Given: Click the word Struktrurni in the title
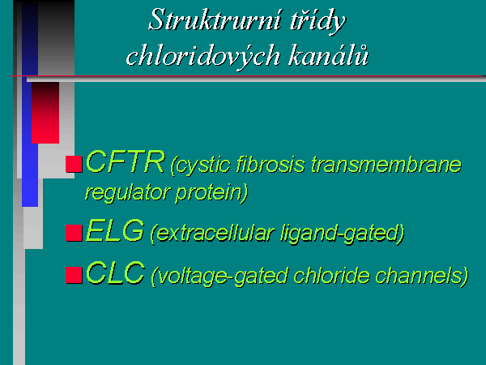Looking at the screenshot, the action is [x=215, y=19].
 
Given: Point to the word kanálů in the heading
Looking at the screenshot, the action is [x=328, y=55].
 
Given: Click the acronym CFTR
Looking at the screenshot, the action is [x=125, y=162].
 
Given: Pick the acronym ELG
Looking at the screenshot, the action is [x=115, y=230].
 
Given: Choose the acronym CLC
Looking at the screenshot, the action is [x=115, y=273].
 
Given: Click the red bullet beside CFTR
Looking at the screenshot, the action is [x=74, y=164].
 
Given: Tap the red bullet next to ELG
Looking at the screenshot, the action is [x=74, y=233].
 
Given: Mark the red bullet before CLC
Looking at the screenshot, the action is [x=74, y=275].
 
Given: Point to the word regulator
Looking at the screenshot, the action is [x=127, y=193].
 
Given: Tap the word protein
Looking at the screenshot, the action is [x=211, y=194].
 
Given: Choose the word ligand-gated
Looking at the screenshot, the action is [x=342, y=234].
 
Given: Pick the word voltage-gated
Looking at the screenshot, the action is [x=220, y=277].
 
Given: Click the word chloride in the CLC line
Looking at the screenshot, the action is [x=331, y=275].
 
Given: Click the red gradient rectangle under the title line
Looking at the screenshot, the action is [x=45, y=113].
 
